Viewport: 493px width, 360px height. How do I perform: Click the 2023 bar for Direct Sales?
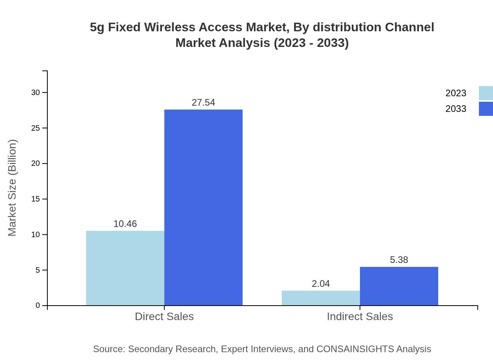[125, 268]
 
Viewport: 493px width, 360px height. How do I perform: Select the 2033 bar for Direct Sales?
[203, 207]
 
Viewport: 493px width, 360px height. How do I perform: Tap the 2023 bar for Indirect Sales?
[321, 298]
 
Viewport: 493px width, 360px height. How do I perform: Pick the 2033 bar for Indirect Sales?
[399, 286]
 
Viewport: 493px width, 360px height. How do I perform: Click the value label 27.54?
[203, 103]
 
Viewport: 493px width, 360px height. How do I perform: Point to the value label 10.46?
[125, 224]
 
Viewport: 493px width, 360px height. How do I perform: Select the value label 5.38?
[399, 260]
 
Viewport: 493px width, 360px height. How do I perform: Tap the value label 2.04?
[321, 284]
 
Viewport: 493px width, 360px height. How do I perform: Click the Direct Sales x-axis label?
[164, 316]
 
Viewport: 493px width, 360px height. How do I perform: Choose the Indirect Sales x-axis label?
[360, 316]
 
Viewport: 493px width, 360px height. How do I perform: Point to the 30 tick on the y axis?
[36, 92]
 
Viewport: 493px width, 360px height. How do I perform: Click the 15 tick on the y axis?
[36, 199]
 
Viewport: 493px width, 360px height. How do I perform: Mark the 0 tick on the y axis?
[38, 305]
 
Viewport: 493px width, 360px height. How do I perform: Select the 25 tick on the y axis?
[36, 128]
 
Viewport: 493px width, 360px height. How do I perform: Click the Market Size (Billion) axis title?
[12, 188]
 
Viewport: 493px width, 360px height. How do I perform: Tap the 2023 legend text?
[456, 93]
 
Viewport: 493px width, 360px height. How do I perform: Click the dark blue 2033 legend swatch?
[486, 109]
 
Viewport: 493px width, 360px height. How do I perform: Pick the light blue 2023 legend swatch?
[486, 93]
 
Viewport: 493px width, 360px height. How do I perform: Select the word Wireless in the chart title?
[171, 27]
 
